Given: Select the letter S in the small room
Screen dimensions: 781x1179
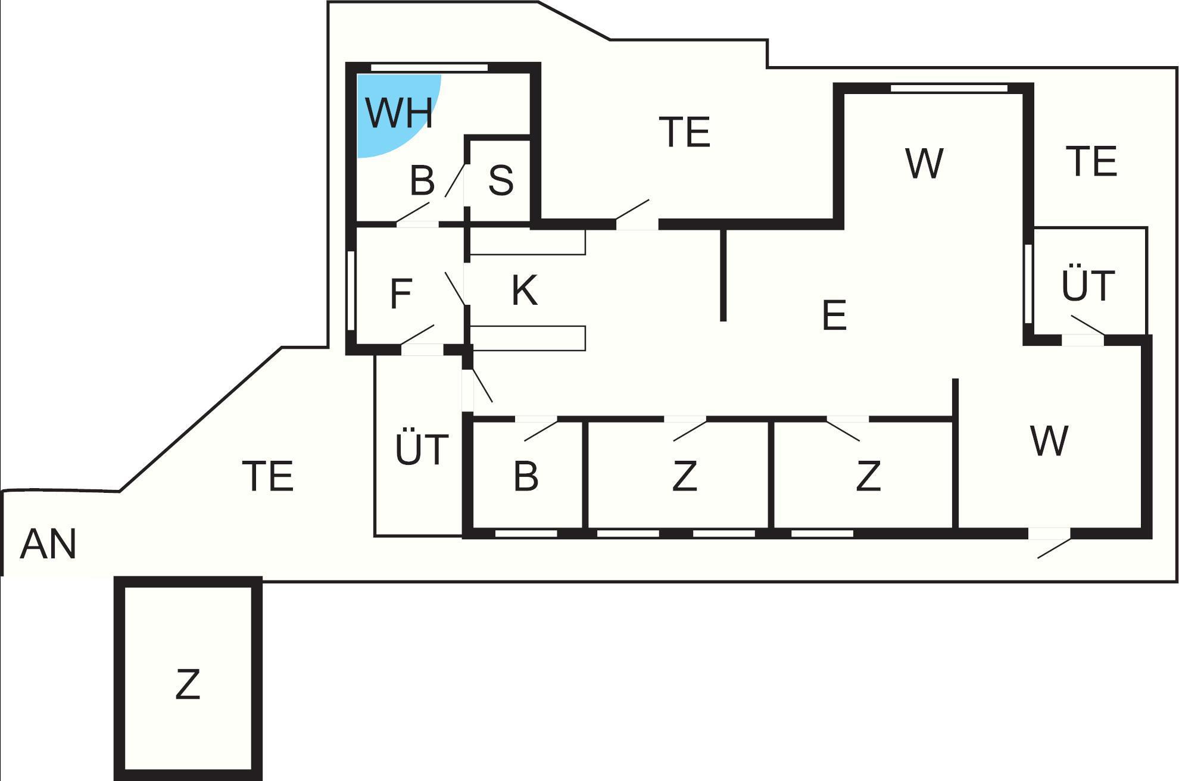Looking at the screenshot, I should coord(501,180).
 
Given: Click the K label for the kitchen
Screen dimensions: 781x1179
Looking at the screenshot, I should coord(525,290).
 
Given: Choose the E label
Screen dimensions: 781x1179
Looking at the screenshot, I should coord(834,315).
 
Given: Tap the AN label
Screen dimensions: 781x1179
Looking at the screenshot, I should coord(48,544).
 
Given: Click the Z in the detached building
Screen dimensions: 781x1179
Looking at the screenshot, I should coord(188,684).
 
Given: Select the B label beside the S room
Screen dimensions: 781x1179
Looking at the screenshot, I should coord(422,180).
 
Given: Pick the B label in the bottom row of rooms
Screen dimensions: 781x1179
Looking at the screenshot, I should coord(526,476).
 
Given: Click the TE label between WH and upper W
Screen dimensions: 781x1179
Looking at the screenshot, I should coord(685,132).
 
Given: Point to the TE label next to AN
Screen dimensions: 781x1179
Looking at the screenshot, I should coord(269,476).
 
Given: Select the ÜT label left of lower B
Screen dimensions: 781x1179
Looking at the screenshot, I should coord(422,449).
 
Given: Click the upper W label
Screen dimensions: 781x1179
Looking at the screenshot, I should coord(924,163).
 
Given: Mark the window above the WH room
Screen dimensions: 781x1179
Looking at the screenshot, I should coord(429,68).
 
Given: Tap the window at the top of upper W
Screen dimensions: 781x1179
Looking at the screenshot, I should coord(949,89).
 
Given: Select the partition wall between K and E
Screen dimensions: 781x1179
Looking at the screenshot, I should coord(723,274).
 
